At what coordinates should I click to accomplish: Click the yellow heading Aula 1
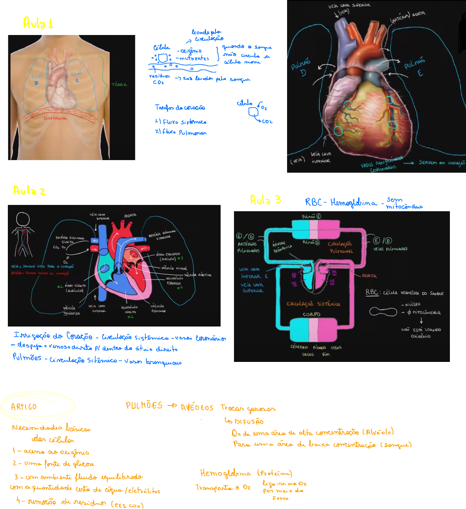(x=38, y=23)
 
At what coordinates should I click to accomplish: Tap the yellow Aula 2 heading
(x=29, y=191)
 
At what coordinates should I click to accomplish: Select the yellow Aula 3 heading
(x=265, y=200)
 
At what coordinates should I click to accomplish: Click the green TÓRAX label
(x=119, y=85)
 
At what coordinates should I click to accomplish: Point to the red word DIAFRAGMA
(x=55, y=118)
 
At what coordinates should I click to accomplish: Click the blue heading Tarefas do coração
(x=180, y=107)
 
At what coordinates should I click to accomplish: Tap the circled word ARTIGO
(x=24, y=407)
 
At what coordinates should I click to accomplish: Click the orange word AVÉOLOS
(x=197, y=408)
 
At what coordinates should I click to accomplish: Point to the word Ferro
(x=281, y=498)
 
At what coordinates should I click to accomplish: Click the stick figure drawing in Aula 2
(x=24, y=234)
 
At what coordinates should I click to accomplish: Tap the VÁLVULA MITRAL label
(x=174, y=268)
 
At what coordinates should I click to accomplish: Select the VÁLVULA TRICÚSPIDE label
(x=71, y=311)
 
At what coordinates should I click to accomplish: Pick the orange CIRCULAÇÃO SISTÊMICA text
(x=313, y=304)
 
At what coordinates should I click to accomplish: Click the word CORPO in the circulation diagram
(x=311, y=314)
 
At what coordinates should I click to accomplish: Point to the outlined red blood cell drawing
(x=383, y=312)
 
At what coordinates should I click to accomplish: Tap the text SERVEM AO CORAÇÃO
(x=442, y=162)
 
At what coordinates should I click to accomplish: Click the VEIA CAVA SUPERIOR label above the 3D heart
(x=349, y=6)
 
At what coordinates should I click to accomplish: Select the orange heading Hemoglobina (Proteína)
(x=246, y=473)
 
